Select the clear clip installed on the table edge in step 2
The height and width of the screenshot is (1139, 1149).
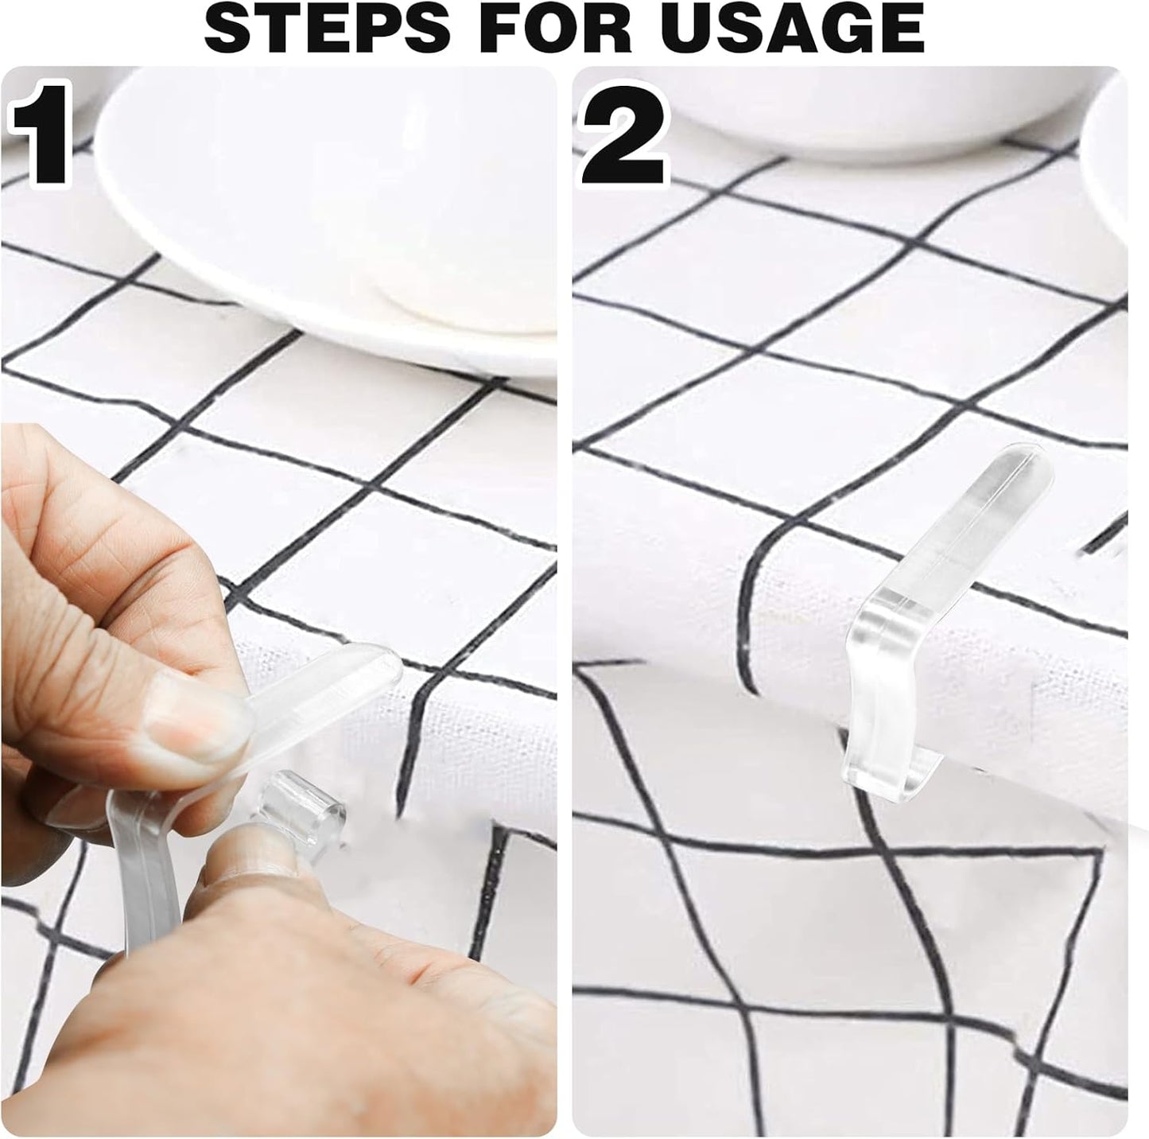[x=914, y=620]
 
